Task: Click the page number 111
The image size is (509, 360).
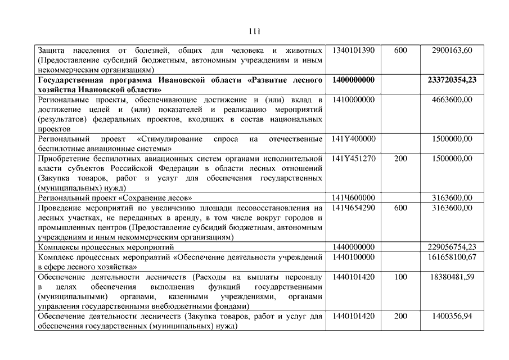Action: tap(254, 30)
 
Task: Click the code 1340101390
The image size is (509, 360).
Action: tap(353, 51)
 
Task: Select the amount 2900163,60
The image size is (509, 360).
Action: tap(452, 51)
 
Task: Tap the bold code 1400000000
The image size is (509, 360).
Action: tap(353, 80)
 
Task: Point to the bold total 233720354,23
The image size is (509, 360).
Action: tap(452, 80)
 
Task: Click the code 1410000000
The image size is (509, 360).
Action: tap(353, 100)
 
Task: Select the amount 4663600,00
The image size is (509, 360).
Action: tap(452, 100)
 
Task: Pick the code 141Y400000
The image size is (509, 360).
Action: tap(353, 139)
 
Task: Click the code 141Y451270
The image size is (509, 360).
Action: tap(353, 159)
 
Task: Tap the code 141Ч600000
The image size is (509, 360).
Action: tap(353, 198)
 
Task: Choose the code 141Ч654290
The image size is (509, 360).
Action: tap(353, 208)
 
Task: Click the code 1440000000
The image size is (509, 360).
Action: tap(353, 247)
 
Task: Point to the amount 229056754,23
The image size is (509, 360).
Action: tap(452, 247)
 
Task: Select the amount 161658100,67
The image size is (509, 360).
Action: tap(452, 257)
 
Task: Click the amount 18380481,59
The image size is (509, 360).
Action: tap(452, 277)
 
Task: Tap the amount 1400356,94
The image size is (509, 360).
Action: tap(452, 316)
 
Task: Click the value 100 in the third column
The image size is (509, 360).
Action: tap(400, 277)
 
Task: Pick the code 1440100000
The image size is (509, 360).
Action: tap(353, 257)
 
